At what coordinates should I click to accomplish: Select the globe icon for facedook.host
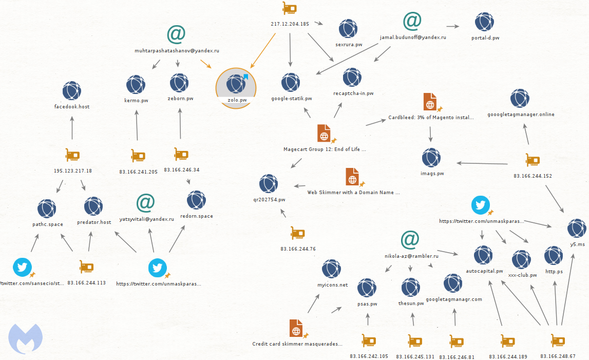tap(72, 90)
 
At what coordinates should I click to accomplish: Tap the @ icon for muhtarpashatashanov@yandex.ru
tap(176, 34)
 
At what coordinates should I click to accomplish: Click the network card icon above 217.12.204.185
tap(290, 8)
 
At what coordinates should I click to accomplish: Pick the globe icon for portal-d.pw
tap(484, 22)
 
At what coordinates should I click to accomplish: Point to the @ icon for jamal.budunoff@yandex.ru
tap(412, 21)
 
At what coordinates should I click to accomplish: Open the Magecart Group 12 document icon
tap(324, 134)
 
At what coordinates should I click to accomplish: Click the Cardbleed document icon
tap(430, 102)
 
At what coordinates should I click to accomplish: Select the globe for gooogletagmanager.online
tap(520, 99)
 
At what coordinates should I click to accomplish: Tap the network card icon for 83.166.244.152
tap(533, 160)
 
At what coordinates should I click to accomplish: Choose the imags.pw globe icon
tap(431, 158)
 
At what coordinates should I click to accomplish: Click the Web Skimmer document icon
tap(352, 177)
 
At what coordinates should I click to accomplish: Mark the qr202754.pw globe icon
tap(269, 184)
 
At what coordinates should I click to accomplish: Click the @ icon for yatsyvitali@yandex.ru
tap(146, 203)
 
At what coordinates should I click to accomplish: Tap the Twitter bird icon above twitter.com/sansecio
tap(22, 267)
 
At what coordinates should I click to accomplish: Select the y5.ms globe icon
tap(577, 229)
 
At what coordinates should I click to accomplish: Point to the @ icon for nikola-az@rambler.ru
tap(410, 240)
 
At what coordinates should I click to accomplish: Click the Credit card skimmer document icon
tap(296, 329)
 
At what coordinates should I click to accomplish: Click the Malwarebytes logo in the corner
tap(25, 338)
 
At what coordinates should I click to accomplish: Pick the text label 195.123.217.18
tap(73, 170)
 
